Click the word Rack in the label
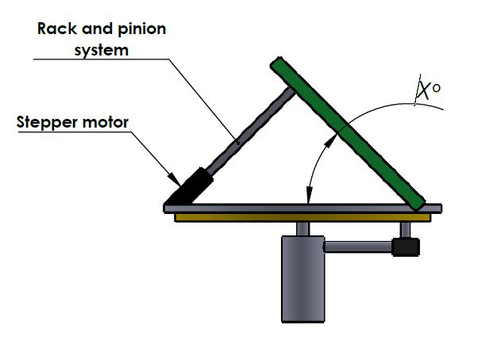tap(57, 29)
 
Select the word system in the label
tap(102, 51)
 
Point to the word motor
tap(106, 122)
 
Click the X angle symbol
tap(424, 90)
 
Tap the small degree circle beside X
tap(436, 88)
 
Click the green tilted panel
tap(348, 133)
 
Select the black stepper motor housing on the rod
tap(190, 186)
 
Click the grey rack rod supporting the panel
tap(251, 131)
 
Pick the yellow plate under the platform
tap(303, 218)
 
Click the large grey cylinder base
tap(303, 279)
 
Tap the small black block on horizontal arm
tap(406, 247)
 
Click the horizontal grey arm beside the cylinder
tap(358, 247)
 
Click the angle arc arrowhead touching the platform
tap(309, 195)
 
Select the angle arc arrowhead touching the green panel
tap(331, 140)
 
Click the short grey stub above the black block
tap(405, 230)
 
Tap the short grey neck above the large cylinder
tap(303, 229)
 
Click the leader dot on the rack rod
tap(238, 143)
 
